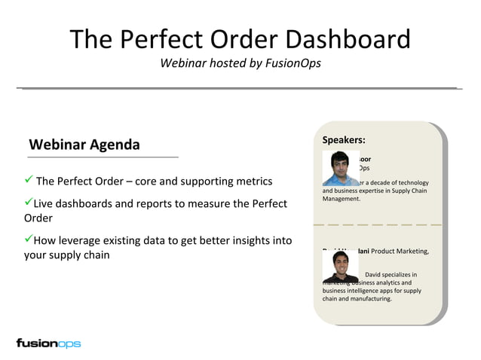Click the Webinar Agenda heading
[x=84, y=144]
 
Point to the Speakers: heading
[x=344, y=139]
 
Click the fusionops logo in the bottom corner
[x=48, y=343]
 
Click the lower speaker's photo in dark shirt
[x=340, y=265]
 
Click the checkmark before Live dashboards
[x=28, y=203]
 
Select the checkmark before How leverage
[x=28, y=239]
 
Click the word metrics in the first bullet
[x=250, y=182]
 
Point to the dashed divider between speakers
[x=376, y=225]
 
